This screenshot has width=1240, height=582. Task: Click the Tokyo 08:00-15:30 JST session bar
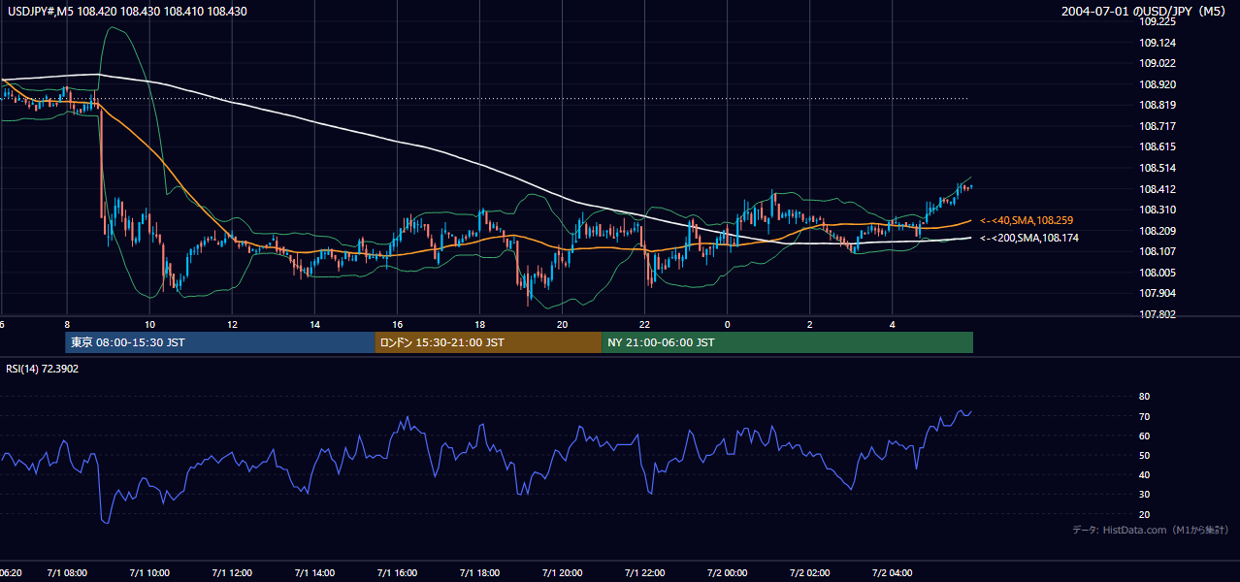pyautogui.click(x=220, y=342)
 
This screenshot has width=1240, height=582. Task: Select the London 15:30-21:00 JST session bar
pyautogui.click(x=488, y=342)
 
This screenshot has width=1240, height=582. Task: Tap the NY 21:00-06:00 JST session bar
pyautogui.click(x=787, y=342)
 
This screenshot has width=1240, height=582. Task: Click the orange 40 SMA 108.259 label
pyautogui.click(x=1027, y=220)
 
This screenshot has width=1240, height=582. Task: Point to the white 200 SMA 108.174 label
pyautogui.click(x=1029, y=238)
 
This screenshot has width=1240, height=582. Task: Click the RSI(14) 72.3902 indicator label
pyautogui.click(x=42, y=369)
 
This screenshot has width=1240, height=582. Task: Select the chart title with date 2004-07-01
pyautogui.click(x=1143, y=11)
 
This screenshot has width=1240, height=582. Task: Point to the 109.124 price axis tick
pyautogui.click(x=1158, y=43)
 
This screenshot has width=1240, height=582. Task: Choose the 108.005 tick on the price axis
pyautogui.click(x=1158, y=273)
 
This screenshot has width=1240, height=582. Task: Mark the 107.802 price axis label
pyautogui.click(x=1158, y=314)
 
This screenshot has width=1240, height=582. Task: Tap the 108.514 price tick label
pyautogui.click(x=1158, y=168)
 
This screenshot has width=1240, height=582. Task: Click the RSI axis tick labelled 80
pyautogui.click(x=1144, y=396)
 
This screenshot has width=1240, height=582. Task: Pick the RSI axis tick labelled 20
pyautogui.click(x=1144, y=514)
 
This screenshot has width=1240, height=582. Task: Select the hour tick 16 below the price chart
pyautogui.click(x=398, y=325)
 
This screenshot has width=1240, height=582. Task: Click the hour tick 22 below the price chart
pyautogui.click(x=644, y=325)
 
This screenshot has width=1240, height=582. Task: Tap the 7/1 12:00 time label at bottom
pyautogui.click(x=232, y=573)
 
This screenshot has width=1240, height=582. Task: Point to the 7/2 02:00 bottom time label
pyautogui.click(x=809, y=573)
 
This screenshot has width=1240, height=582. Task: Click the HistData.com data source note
pyautogui.click(x=1151, y=530)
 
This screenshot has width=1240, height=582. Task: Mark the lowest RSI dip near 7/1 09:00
pyautogui.click(x=105, y=522)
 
